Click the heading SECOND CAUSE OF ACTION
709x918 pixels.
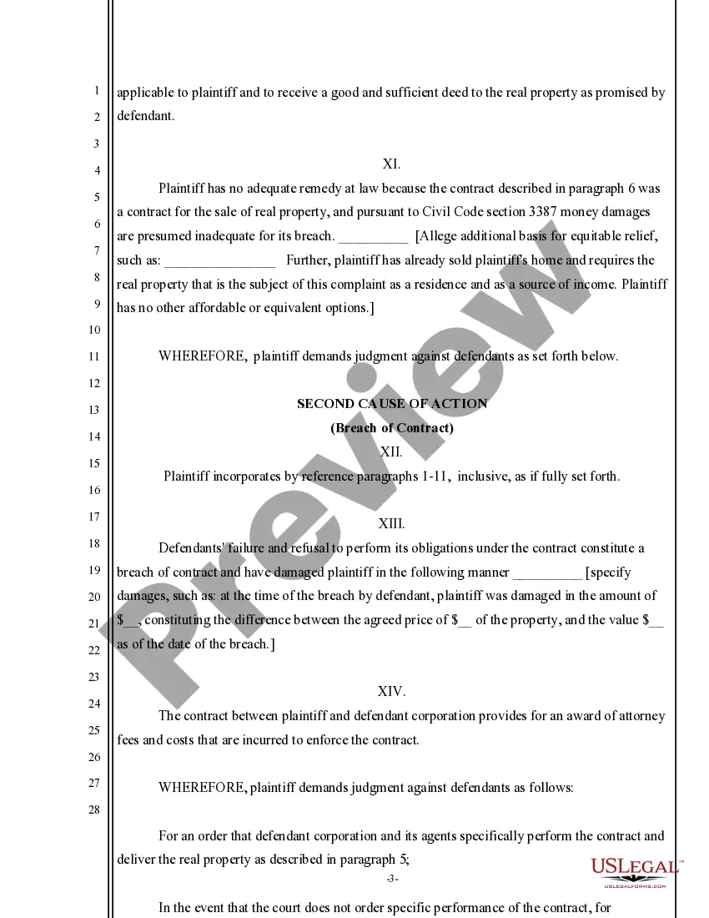[x=392, y=404]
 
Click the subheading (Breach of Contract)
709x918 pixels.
[x=392, y=428]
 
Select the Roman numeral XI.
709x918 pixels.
[x=392, y=164]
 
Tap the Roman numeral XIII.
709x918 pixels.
[x=391, y=524]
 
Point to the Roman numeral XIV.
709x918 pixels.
[x=391, y=691]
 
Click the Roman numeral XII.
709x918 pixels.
[x=391, y=451]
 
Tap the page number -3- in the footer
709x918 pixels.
[x=392, y=880]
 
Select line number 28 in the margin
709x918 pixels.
[x=93, y=810]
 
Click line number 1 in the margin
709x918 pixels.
[x=97, y=90]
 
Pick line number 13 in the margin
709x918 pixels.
[x=93, y=410]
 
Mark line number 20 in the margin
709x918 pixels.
[x=93, y=597]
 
